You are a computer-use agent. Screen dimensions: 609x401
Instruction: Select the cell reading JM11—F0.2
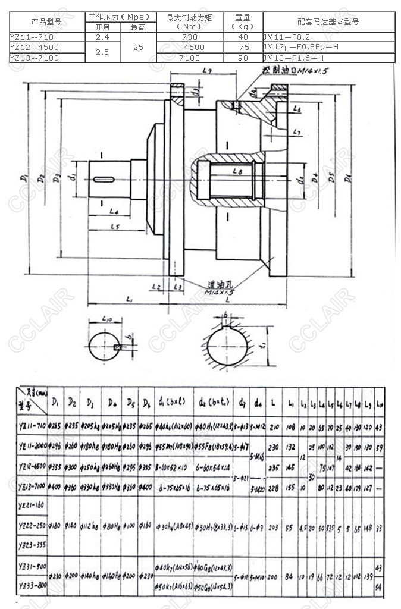pyautogui.click(x=287, y=37)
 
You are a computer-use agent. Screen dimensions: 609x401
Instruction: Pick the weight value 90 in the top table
pyautogui.click(x=243, y=58)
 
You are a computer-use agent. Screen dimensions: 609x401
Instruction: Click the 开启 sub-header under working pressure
pyautogui.click(x=102, y=27)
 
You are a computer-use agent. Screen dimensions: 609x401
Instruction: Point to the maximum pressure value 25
pyautogui.click(x=138, y=47)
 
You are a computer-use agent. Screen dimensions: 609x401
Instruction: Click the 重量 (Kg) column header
pyautogui.click(x=243, y=21)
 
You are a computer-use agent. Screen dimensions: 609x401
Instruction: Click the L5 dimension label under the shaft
pyautogui.click(x=116, y=226)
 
